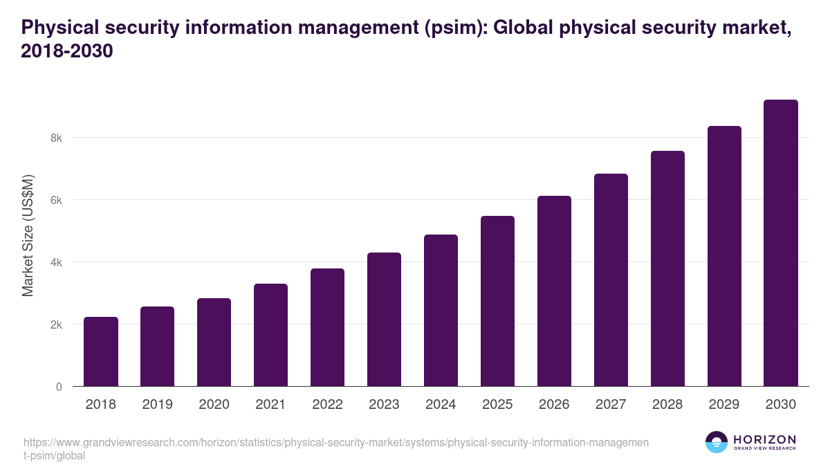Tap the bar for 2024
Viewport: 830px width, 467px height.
point(441,311)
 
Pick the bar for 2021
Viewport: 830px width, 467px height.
point(270,335)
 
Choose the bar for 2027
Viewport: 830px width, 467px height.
point(611,280)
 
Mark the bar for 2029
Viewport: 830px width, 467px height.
point(724,256)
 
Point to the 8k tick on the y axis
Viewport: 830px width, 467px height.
point(56,138)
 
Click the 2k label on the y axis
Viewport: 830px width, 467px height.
point(56,324)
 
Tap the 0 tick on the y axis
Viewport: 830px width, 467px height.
point(59,387)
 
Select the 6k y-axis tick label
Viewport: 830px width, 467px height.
point(56,200)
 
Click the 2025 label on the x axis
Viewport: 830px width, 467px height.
point(497,405)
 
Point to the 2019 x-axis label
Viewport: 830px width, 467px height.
point(157,405)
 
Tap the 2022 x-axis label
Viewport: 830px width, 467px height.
point(327,405)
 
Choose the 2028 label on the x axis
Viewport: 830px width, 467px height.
point(667,405)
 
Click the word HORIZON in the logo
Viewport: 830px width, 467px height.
point(764,439)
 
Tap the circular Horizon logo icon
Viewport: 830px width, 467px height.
point(717,442)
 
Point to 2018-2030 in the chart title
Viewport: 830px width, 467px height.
point(66,51)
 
